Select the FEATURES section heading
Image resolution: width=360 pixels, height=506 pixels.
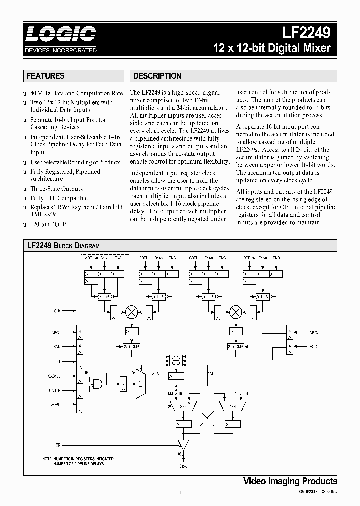(x=45, y=76)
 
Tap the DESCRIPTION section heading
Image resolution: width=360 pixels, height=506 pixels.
(x=157, y=76)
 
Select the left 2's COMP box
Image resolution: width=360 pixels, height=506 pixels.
(x=131, y=346)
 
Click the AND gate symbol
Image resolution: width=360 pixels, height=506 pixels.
(x=97, y=384)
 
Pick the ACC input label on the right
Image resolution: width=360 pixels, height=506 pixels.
(x=314, y=346)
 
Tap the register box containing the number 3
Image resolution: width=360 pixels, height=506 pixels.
(x=122, y=384)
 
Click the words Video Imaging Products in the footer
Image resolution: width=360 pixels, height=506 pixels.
(x=290, y=481)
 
